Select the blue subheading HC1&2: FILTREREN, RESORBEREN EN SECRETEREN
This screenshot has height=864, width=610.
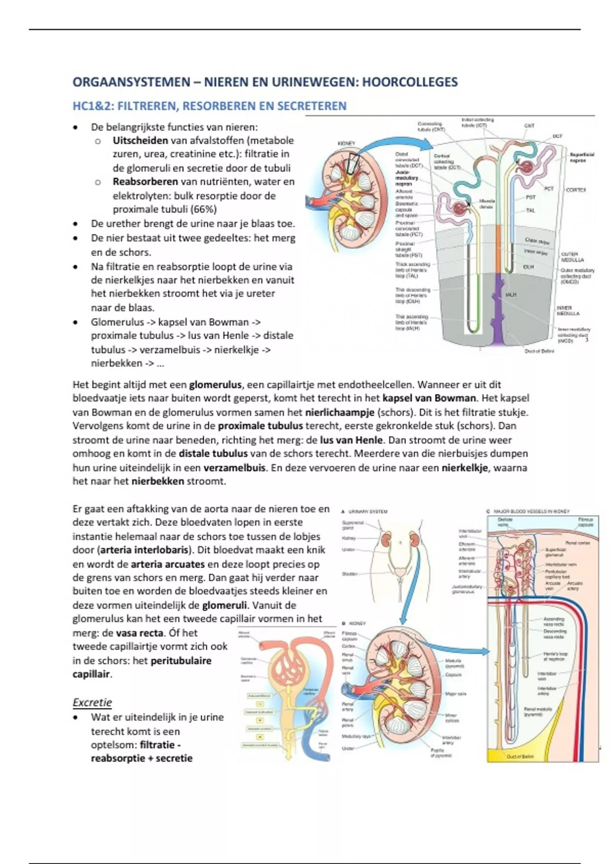(x=209, y=106)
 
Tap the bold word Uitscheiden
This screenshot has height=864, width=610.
(x=140, y=141)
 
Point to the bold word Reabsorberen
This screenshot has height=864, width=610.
(x=145, y=182)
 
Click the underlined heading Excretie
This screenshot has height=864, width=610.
(x=92, y=702)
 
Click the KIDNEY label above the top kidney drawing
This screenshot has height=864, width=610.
(x=346, y=144)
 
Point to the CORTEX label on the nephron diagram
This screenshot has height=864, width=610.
(x=576, y=190)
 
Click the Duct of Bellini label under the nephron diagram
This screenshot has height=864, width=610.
(x=539, y=351)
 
